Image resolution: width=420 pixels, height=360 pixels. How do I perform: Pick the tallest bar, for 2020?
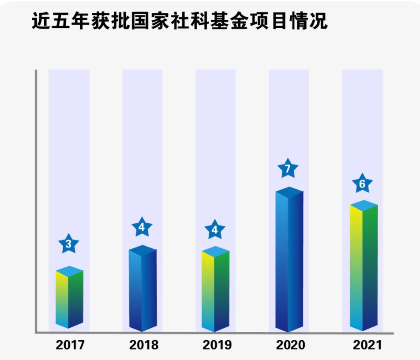click(289, 260)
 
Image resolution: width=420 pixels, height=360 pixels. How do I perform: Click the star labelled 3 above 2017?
click(68, 244)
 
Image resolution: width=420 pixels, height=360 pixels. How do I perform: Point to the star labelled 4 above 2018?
click(142, 228)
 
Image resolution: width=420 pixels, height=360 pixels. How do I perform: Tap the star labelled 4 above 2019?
click(215, 230)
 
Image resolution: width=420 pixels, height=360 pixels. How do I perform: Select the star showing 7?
click(288, 169)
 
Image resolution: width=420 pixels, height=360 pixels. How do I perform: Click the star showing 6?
click(362, 184)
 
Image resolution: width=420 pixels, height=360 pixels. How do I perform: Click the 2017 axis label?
click(70, 345)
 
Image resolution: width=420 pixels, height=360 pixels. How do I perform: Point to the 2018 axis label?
click(144, 345)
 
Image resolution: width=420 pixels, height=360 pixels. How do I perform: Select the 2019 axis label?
click(217, 345)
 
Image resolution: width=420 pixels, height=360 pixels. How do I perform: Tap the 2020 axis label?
click(291, 345)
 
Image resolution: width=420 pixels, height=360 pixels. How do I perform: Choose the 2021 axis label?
click(367, 345)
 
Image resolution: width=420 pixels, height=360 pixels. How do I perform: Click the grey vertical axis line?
click(36, 199)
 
